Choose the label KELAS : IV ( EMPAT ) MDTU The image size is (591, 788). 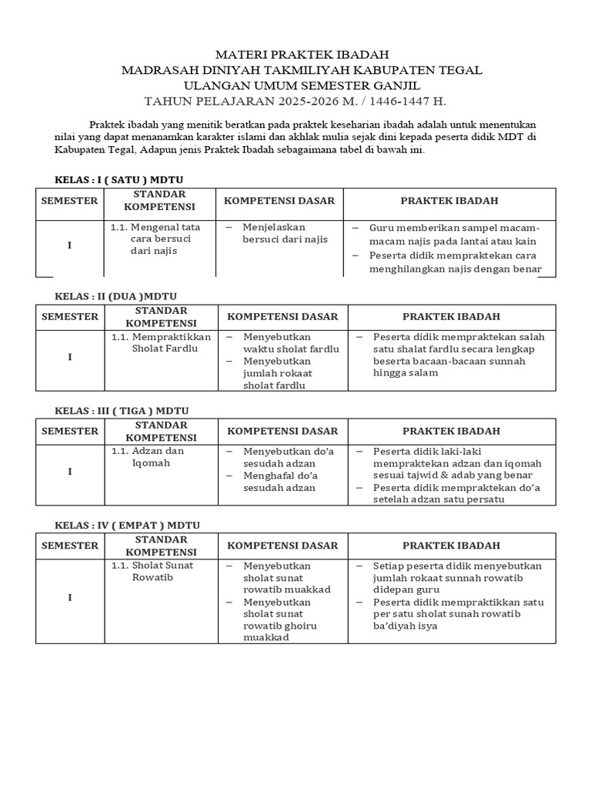(x=127, y=525)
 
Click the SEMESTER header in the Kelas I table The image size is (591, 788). (x=69, y=201)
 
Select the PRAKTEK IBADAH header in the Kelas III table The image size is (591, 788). (x=451, y=431)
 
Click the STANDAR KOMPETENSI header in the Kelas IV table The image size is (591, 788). (x=161, y=546)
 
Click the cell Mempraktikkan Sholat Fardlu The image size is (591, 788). (x=161, y=342)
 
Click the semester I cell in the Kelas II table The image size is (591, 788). (x=69, y=357)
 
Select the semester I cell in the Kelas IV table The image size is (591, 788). (x=69, y=597)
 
